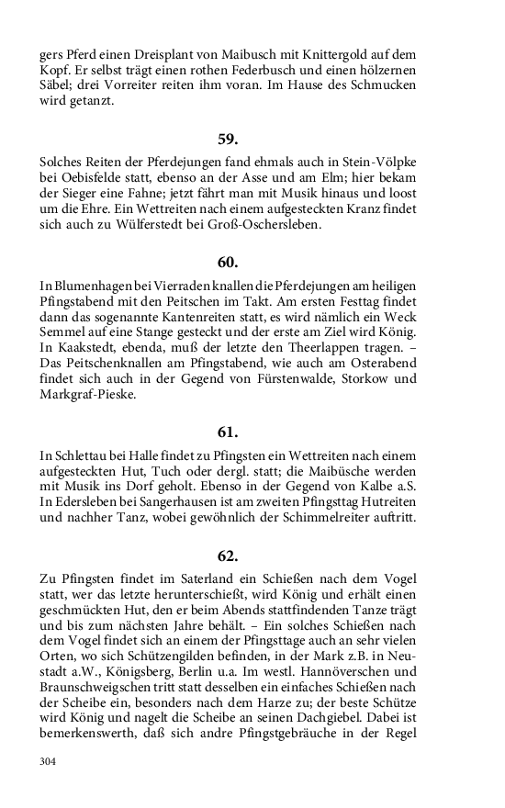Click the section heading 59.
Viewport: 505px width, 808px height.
tap(228, 140)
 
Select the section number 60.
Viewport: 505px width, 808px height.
tap(228, 262)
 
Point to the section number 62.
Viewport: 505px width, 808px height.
tap(228, 555)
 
